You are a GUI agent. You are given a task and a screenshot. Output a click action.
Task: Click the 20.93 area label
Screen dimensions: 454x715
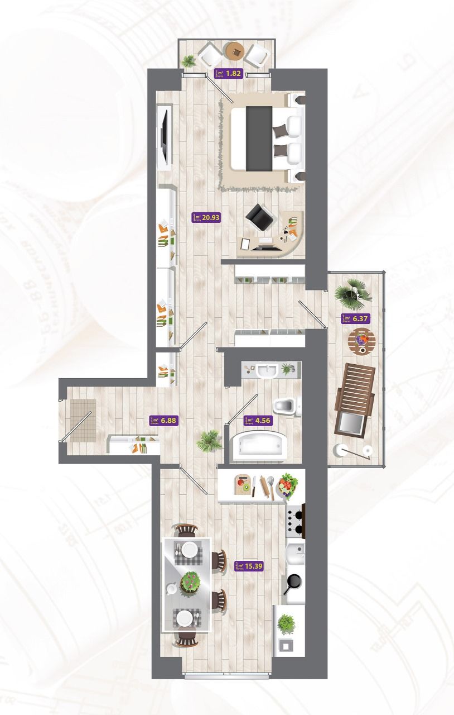(206, 217)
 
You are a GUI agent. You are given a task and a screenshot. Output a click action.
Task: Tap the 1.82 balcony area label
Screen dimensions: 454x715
(229, 73)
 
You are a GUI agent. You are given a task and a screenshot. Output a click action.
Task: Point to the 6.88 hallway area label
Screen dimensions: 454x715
(164, 421)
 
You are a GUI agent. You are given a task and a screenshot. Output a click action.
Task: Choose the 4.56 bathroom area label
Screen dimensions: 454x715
(259, 421)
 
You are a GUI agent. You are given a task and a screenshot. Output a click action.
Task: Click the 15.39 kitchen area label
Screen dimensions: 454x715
(249, 566)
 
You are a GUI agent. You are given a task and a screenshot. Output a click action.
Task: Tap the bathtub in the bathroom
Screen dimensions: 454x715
(260, 446)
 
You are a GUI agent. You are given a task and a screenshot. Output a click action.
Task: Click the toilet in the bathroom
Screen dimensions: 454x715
(287, 406)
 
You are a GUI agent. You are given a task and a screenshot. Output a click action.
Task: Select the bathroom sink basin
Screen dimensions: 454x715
(267, 370)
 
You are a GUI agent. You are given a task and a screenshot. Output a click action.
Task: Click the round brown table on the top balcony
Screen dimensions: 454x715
(235, 51)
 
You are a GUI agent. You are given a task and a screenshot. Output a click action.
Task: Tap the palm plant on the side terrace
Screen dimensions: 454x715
(352, 293)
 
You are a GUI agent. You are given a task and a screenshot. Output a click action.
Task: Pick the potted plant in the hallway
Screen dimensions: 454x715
(209, 441)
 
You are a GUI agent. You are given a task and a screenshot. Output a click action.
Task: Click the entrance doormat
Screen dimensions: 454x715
(83, 421)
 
